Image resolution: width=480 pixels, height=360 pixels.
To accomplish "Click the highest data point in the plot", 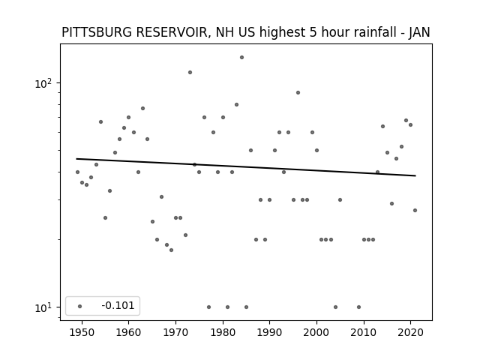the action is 241,57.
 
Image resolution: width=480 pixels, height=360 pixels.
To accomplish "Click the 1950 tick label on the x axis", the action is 82,332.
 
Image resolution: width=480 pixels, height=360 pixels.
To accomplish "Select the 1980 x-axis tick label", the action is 223,332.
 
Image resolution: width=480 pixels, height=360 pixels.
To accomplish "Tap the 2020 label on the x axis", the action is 410,332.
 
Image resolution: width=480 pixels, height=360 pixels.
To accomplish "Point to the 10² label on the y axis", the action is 43,83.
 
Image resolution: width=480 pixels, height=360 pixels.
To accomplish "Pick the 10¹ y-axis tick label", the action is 43,307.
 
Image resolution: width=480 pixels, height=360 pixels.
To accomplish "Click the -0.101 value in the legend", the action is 118,305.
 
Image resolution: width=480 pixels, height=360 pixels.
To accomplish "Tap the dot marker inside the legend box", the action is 80,306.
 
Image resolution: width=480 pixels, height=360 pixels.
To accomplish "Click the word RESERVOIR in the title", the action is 172,32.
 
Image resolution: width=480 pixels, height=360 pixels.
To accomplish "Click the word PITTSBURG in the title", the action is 97,32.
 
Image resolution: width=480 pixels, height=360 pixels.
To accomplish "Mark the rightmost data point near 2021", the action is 415,210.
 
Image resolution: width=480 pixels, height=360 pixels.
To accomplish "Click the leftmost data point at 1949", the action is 77,172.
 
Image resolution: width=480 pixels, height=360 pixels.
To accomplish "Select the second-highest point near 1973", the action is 190,72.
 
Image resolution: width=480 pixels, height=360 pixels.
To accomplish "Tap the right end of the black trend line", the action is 415,175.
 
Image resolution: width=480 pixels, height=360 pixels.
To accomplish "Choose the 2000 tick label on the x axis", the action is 316,332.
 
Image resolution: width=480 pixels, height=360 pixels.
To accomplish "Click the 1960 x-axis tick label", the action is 128,332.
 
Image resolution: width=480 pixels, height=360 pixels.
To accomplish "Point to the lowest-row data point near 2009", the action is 358,307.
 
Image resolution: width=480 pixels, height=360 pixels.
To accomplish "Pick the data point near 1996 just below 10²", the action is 298,92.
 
